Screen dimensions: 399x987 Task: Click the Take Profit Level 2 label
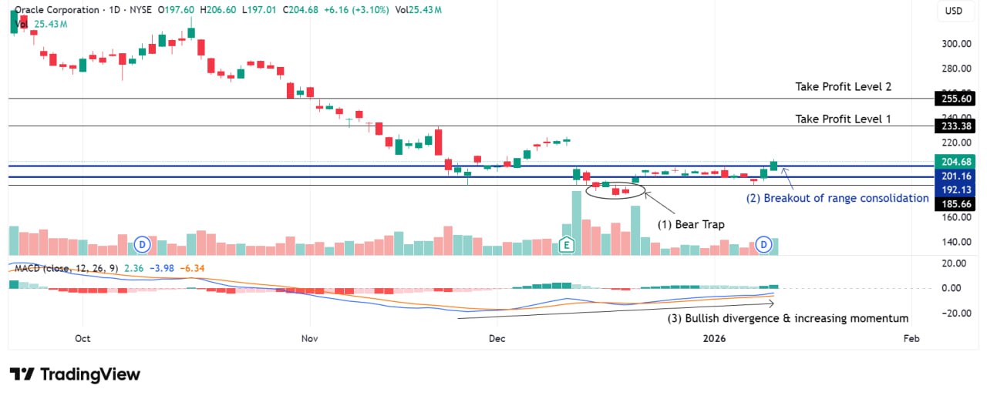(x=843, y=87)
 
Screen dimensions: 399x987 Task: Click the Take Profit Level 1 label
(x=843, y=119)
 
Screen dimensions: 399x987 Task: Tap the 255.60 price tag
(x=955, y=99)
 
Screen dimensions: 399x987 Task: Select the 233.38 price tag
(x=955, y=126)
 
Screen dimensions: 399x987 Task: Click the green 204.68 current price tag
(x=955, y=162)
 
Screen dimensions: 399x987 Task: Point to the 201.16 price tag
(x=955, y=176)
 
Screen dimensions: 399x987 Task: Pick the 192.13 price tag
(x=955, y=189)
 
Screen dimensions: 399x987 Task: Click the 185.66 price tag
(x=955, y=204)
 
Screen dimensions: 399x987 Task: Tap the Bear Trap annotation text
(x=690, y=224)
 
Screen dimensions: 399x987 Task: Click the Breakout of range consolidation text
(x=837, y=198)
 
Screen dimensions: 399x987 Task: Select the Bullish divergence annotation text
(x=787, y=318)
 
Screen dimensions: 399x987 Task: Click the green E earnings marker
(x=567, y=245)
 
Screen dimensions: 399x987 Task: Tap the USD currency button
(x=954, y=12)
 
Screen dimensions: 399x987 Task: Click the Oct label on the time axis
(x=83, y=338)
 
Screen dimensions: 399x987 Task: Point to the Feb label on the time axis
(x=911, y=338)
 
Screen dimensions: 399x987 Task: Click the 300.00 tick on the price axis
(x=955, y=44)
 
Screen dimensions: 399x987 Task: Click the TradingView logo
(x=75, y=374)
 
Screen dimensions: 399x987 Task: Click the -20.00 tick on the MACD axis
(x=955, y=313)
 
